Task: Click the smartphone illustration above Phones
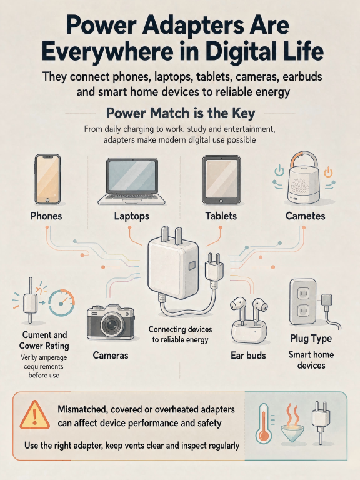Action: (x=47, y=179)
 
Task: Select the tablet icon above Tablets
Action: (x=221, y=180)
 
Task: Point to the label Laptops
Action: (x=132, y=216)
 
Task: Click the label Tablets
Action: (x=221, y=216)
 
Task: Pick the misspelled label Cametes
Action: (x=305, y=216)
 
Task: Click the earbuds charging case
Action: (x=249, y=331)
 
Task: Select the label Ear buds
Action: (x=248, y=356)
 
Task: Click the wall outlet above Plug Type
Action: (x=302, y=301)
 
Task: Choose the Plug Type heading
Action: (x=311, y=339)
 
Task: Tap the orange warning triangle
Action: (x=34, y=416)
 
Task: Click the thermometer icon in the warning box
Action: (x=264, y=423)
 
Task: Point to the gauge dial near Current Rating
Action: (x=61, y=302)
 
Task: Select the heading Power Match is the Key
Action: (x=180, y=113)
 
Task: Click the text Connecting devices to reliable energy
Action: (x=180, y=334)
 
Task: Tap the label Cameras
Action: (x=111, y=356)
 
